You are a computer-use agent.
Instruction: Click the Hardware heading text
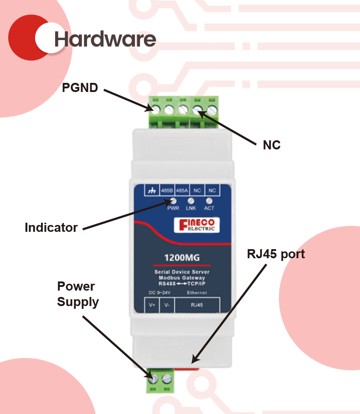pos(105,39)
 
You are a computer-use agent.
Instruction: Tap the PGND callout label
pos(80,88)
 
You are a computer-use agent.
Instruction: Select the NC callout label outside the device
pos(272,145)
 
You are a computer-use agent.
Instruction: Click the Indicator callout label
pos(51,228)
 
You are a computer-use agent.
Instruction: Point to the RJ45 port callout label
pos(276,254)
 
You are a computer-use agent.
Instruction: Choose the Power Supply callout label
pos(77,294)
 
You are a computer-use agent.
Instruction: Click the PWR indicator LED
pos(173,200)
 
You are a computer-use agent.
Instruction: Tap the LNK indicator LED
pos(191,200)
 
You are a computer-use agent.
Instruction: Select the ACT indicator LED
pos(209,200)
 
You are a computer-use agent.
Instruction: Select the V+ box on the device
pos(152,305)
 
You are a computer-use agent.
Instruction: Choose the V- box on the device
pos(167,305)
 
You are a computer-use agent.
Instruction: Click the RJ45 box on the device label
pos(197,305)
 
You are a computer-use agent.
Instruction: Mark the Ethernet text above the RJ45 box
pos(197,292)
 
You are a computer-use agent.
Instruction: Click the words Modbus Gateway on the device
pos(182,277)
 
